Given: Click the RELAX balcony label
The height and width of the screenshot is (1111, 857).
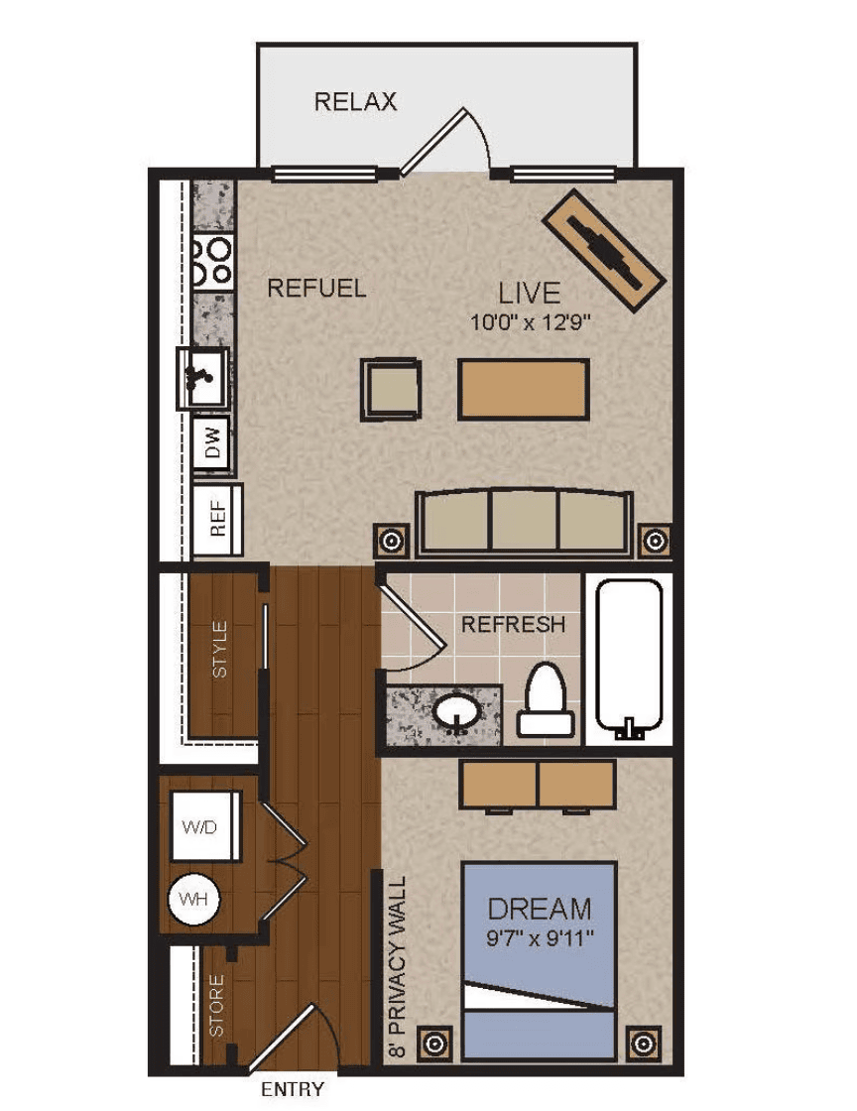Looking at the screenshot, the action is pos(355,101).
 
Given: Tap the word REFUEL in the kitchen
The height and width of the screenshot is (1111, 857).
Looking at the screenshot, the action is pos(316,289).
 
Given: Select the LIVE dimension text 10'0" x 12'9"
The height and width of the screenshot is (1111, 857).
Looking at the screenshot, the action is pos(531,323).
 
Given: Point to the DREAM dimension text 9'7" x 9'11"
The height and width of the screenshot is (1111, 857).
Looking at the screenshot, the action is pos(540,938).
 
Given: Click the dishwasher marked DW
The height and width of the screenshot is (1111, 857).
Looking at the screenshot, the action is pos(212,442).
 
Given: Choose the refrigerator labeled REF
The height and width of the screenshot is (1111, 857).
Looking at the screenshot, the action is pos(217,519).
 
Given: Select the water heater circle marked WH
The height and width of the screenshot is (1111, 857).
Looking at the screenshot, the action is pos(193,900).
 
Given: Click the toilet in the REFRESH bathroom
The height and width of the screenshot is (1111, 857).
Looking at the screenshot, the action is pos(545,699).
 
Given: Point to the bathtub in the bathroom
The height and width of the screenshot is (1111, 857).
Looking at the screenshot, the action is pos(629,656).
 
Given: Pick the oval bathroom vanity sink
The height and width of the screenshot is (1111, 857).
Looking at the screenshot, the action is pos(456,712).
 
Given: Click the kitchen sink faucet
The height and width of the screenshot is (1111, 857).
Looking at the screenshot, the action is pos(197,376).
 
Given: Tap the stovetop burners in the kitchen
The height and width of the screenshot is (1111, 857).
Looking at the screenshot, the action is pos(212,261).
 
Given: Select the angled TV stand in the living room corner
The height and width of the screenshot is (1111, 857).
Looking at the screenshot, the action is pos(603,249).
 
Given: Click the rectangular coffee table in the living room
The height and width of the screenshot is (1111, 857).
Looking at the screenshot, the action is pos(524,389).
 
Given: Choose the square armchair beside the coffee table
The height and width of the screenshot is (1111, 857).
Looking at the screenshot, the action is pos(391,389).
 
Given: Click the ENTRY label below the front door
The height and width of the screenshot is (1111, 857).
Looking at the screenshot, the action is pos(293,1089).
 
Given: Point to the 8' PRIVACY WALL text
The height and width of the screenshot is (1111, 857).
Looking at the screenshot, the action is pos(399,967).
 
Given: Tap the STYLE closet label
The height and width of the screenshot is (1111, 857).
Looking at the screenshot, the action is pos(220,650).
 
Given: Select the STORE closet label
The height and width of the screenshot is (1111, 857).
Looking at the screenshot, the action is pos(216,1006).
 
